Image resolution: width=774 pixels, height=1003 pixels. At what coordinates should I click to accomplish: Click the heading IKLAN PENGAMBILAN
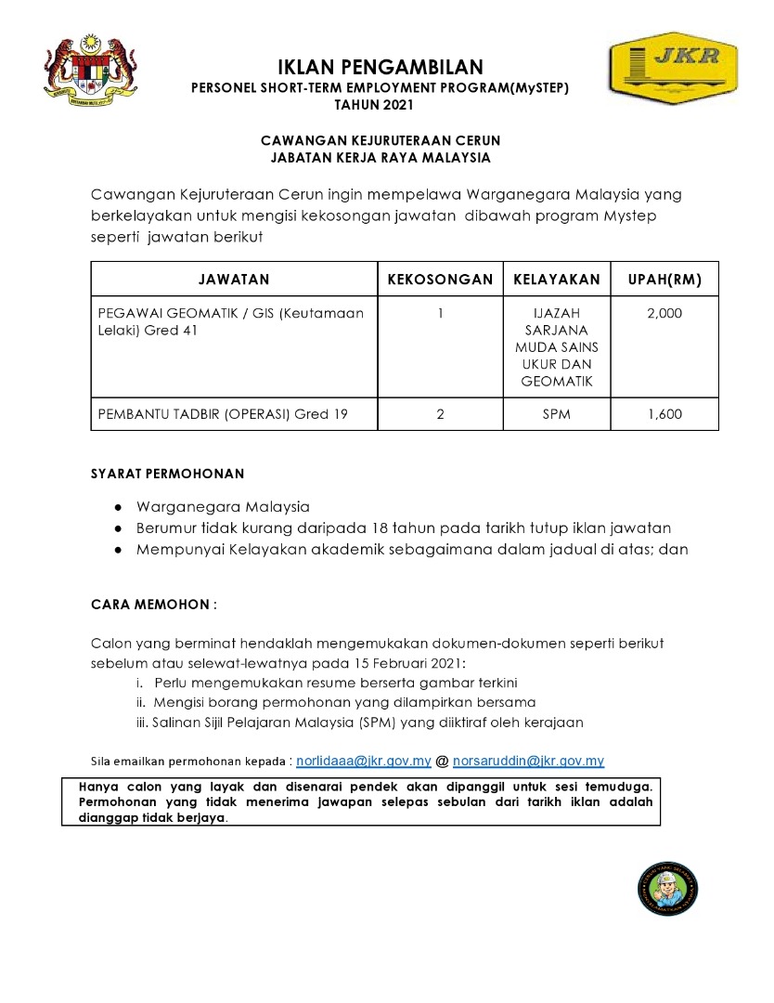[381, 67]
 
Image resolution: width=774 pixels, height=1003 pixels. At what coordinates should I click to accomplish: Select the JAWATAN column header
[234, 279]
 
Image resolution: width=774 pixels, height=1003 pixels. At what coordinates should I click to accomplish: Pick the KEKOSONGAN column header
[440, 279]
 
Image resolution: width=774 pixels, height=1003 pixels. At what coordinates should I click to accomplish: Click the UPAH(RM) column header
[664, 279]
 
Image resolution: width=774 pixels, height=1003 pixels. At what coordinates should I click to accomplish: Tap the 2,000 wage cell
[664, 313]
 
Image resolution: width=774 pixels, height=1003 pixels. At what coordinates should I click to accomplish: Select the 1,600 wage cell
[664, 414]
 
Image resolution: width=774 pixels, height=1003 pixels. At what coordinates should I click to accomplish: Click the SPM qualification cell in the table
[557, 414]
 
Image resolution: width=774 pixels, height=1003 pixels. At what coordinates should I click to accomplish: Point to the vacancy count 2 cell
[440, 414]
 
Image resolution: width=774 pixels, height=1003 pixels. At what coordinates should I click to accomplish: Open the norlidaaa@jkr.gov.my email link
[364, 761]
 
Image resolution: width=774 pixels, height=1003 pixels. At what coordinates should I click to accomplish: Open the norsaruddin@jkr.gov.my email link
[528, 761]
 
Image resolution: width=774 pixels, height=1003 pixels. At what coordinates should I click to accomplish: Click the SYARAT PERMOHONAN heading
[168, 474]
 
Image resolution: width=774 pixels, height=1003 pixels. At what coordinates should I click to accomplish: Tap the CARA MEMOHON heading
[153, 605]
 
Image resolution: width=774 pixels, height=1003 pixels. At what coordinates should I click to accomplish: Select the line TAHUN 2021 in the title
[380, 105]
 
